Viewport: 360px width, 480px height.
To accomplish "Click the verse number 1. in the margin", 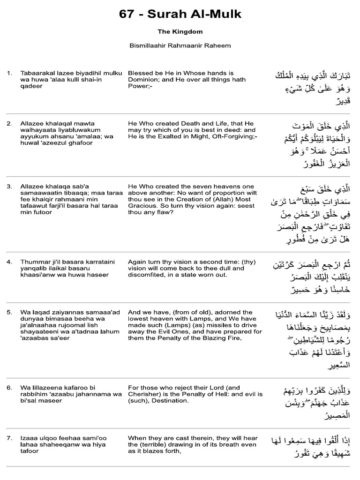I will click(x=9, y=73).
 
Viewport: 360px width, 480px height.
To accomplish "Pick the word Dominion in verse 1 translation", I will click(x=143, y=80).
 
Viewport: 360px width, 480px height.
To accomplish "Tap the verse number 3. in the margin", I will click(x=9, y=186).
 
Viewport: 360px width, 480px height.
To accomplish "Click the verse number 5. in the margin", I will click(x=9, y=312).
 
